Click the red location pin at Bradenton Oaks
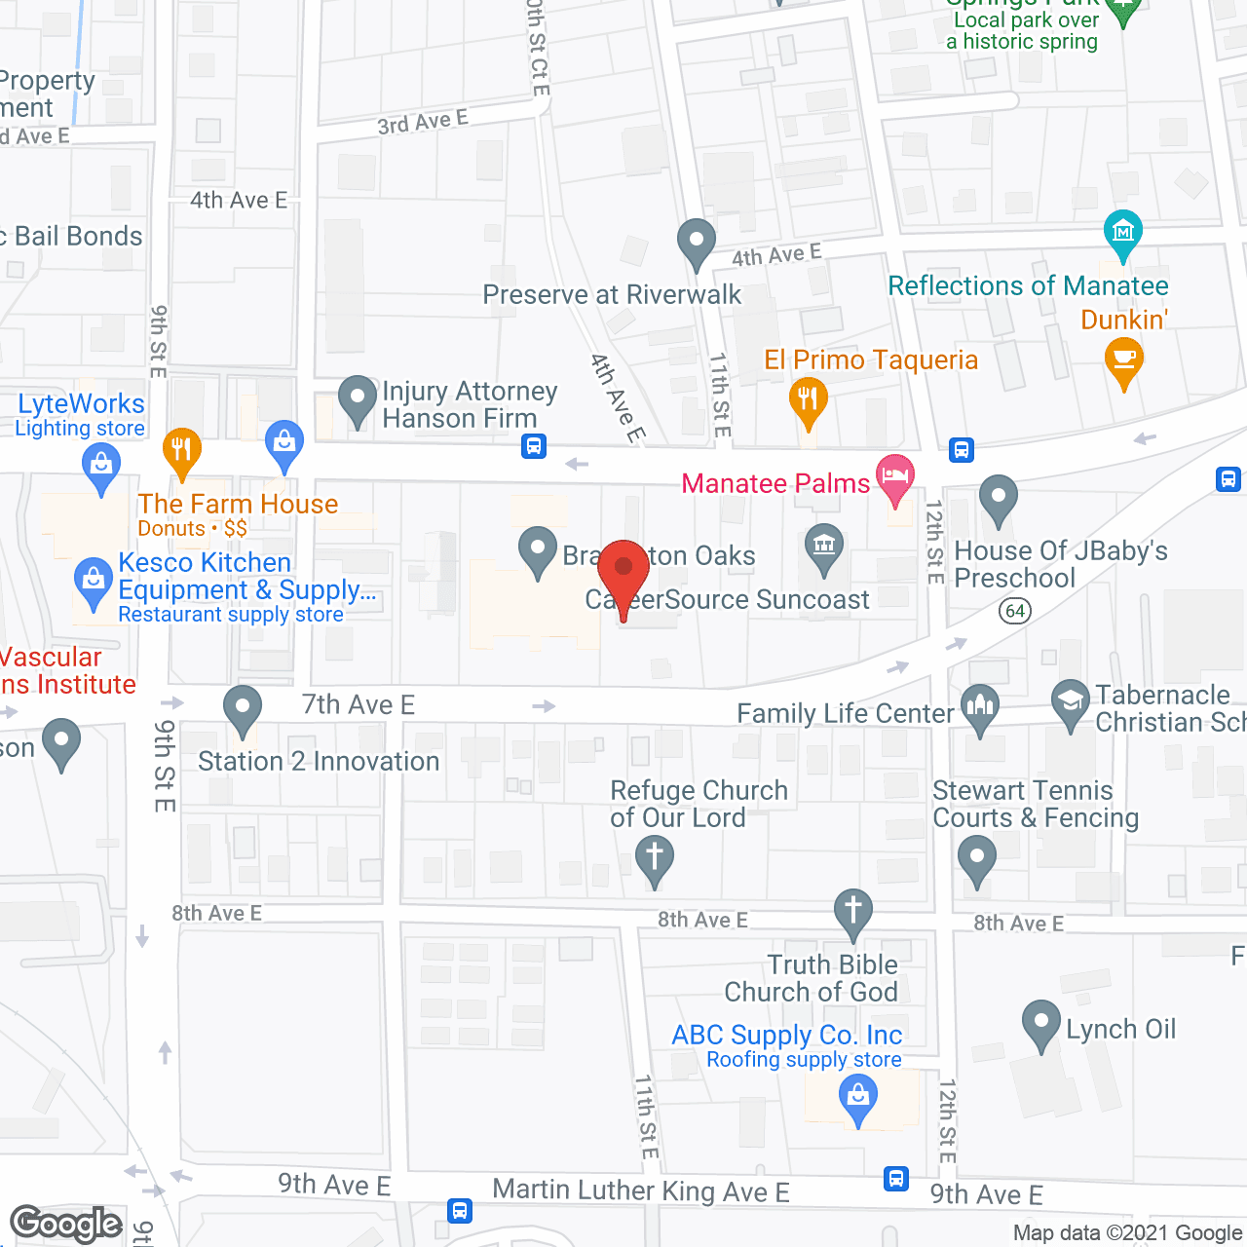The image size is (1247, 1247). point(623,570)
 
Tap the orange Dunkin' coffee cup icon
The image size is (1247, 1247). point(1123,359)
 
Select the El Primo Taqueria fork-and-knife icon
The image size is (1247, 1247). point(808,399)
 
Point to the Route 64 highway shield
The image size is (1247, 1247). point(1015,611)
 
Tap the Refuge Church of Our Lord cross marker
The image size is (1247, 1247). point(654,858)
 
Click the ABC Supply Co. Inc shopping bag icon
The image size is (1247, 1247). point(858,1097)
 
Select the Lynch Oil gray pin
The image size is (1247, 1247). point(1040,1023)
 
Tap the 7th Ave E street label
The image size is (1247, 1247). point(358,704)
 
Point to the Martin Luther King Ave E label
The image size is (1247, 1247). point(640,1190)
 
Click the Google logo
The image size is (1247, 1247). point(66,1224)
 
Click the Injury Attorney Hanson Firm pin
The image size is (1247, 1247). point(357,398)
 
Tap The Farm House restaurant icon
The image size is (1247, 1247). point(181,449)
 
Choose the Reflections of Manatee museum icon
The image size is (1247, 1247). point(1122,232)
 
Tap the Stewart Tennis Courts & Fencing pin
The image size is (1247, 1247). point(976,858)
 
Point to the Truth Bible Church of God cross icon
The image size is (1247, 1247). point(852,911)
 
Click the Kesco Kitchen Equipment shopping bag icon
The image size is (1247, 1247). point(93,581)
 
